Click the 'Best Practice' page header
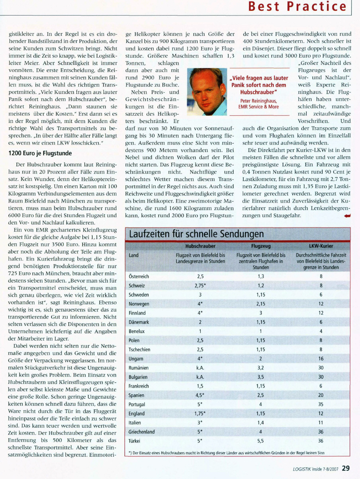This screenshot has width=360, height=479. click(x=297, y=7)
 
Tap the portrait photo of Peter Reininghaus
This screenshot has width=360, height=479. click(x=205, y=89)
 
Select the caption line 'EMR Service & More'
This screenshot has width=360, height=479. click(x=258, y=107)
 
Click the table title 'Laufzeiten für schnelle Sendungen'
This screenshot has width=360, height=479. click(x=196, y=234)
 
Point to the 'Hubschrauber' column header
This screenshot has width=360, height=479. click(x=200, y=246)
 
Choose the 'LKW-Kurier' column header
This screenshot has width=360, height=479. click(x=321, y=246)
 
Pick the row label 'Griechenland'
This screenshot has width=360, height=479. click(x=142, y=431)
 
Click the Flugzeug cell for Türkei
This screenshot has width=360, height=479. click(x=261, y=441)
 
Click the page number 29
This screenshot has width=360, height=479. click(x=345, y=468)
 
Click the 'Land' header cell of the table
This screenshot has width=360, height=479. click(x=134, y=255)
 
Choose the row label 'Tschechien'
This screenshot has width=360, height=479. click(x=140, y=350)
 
